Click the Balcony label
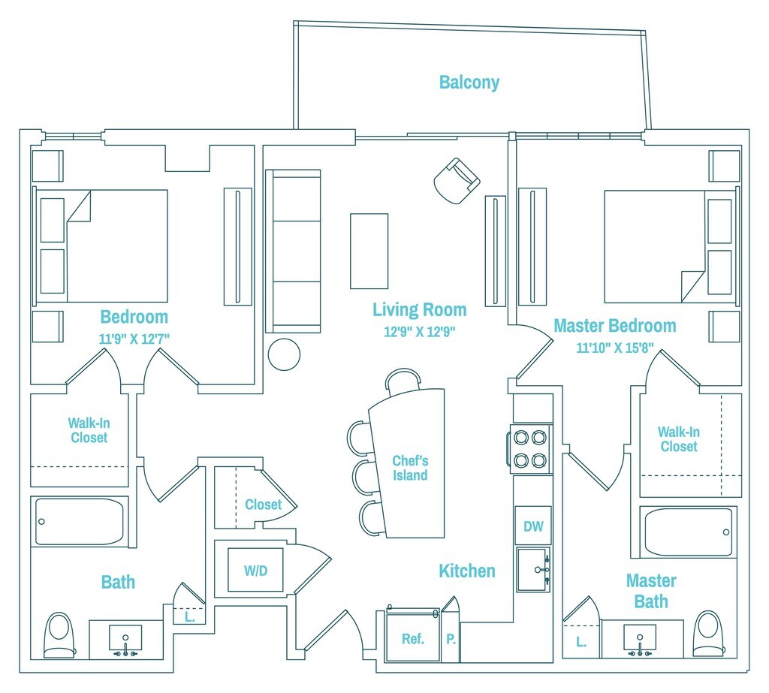[469, 83]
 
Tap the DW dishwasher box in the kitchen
[532, 527]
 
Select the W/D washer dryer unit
[255, 570]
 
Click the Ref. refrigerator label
[412, 639]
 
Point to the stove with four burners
[531, 447]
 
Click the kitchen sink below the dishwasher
[533, 570]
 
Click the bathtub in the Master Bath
[689, 532]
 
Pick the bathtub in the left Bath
[79, 521]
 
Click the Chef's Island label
[410, 469]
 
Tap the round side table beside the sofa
[285, 354]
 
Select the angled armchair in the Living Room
[457, 181]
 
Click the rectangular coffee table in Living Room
[369, 251]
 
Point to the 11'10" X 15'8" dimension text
[615, 348]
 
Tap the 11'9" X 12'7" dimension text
[134, 338]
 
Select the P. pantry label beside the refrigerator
[451, 640]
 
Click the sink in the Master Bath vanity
[639, 638]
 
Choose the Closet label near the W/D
[263, 505]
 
